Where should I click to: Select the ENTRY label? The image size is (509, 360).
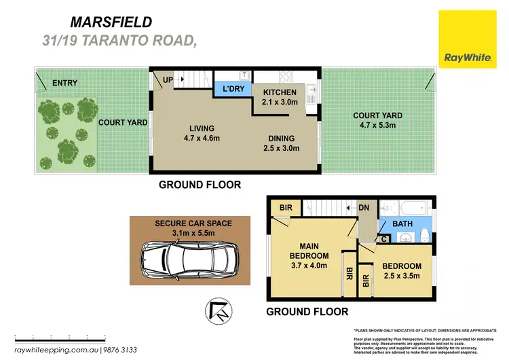65,84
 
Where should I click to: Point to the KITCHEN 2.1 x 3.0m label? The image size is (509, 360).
280,97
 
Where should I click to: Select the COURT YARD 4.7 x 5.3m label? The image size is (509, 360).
377,120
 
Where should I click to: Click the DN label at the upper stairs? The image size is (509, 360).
363,208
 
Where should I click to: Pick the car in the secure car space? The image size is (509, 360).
185,259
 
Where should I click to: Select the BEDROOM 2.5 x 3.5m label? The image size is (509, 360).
401,271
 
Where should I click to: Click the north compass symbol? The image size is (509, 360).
216,309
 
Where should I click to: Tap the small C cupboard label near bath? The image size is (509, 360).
383,238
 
